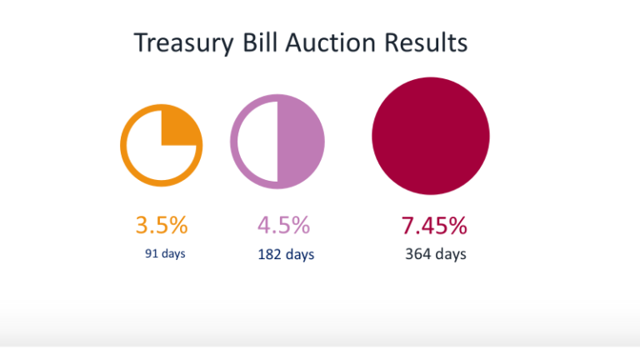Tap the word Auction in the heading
pos(332,43)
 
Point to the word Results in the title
pos(425,43)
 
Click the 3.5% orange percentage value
pos(162,225)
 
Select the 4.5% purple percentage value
pos(283,225)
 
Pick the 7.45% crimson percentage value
pos(434,225)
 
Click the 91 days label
pos(165,253)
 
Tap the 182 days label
pos(286,254)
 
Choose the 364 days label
pos(435,254)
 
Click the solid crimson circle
pos(431,136)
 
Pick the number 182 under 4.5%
pos(269,254)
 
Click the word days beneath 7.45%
pos(451,254)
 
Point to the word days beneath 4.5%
pos(300,254)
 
